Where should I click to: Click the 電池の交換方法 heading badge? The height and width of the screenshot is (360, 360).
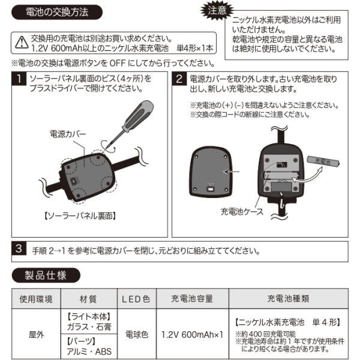(57, 12)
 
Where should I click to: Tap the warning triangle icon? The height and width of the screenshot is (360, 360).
(22, 43)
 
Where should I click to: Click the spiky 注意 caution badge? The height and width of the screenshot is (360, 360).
(217, 10)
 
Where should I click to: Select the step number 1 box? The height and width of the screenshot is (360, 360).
(19, 79)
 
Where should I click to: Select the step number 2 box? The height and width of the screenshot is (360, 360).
(179, 79)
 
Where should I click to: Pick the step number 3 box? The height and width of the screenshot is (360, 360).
(19, 248)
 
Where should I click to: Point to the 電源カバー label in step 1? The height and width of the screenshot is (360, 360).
(68, 134)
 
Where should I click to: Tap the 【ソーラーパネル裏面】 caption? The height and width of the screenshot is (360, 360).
(80, 216)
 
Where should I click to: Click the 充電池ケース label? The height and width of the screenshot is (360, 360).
(242, 211)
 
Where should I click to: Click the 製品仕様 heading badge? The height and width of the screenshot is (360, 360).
(46, 275)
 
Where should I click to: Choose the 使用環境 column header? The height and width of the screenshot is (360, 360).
(36, 299)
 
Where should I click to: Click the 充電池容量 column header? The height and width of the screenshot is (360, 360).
(192, 299)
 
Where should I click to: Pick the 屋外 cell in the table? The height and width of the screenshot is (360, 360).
(36, 335)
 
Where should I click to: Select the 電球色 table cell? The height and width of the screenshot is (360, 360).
(137, 334)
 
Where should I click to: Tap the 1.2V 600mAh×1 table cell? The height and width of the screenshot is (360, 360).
(193, 335)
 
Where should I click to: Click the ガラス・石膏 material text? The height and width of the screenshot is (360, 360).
(89, 327)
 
